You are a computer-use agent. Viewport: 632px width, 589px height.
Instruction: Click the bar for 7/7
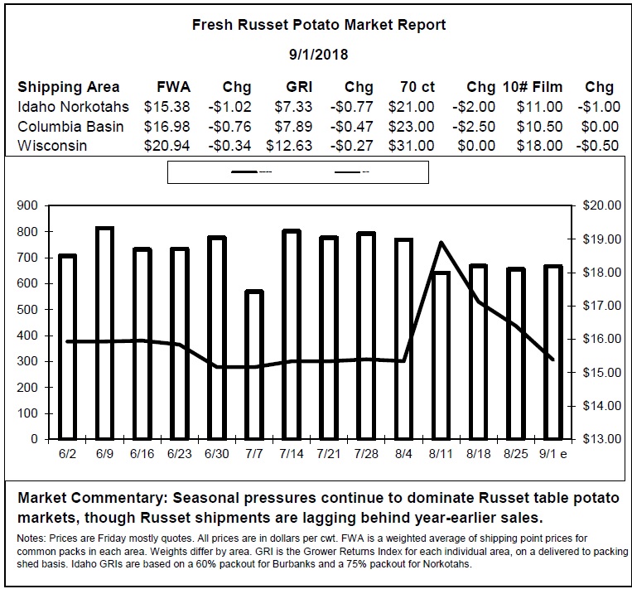tap(254, 365)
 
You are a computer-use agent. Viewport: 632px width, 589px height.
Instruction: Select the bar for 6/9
tap(105, 333)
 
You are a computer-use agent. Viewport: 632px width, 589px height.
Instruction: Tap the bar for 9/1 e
tap(553, 352)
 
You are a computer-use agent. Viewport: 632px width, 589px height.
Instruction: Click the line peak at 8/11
tap(441, 243)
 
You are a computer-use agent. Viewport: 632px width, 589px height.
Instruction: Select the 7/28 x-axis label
tap(366, 454)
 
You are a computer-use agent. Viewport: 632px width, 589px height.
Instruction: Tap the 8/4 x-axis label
tap(403, 454)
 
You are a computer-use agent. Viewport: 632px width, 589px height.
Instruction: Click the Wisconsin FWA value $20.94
tap(166, 146)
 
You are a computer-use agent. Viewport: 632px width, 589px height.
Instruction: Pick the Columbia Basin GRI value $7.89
tap(293, 127)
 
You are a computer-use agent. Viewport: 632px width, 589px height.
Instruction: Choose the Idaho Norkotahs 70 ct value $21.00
tap(412, 107)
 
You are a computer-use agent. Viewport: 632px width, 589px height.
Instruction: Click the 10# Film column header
tap(533, 87)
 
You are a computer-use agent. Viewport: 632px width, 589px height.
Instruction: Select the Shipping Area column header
tap(69, 88)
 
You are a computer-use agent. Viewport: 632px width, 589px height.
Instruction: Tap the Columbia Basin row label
tap(70, 127)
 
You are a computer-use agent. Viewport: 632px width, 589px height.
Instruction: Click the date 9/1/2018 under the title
tap(318, 55)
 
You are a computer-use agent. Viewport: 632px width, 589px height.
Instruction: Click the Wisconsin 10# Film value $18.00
tap(540, 146)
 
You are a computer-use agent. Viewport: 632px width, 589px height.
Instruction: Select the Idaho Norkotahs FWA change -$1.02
tap(229, 107)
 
